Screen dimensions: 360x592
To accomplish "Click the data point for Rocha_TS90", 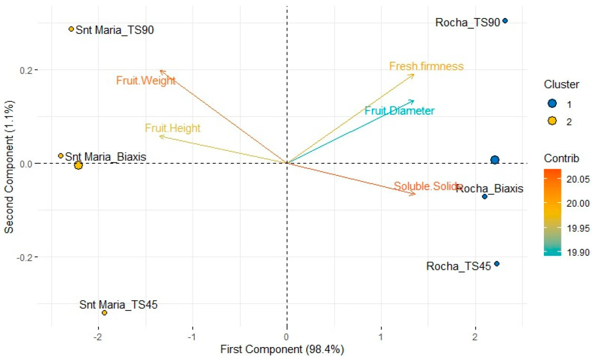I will click(505, 21).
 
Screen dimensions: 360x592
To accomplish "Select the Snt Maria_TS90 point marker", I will click(71, 29).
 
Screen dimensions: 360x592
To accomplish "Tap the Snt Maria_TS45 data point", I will click(105, 313).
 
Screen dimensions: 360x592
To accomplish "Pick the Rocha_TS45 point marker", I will click(497, 264).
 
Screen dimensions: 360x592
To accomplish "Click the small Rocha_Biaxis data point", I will click(485, 197).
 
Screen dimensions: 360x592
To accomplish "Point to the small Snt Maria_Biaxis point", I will click(61, 156).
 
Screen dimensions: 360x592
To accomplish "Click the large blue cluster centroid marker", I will click(495, 160).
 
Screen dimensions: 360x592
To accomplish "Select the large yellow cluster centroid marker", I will click(78, 165).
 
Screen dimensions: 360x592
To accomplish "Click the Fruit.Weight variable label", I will click(146, 81).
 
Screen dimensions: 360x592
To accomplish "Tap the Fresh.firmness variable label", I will click(426, 66).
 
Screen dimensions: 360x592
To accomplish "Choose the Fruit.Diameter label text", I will click(399, 111).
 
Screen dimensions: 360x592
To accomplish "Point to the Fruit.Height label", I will click(173, 128).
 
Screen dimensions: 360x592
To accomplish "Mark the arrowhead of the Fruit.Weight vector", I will click(160, 71).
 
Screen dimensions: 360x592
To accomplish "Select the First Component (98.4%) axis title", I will click(282, 349).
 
